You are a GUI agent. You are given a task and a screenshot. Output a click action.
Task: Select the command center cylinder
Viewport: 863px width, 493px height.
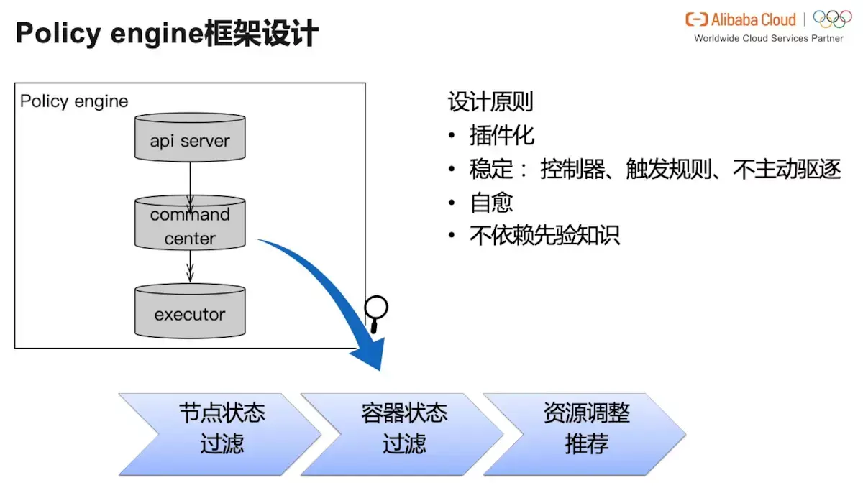190,226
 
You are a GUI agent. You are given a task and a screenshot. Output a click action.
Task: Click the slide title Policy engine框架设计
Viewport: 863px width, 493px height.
167,34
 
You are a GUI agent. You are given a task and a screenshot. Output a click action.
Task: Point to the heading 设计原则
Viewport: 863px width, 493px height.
490,102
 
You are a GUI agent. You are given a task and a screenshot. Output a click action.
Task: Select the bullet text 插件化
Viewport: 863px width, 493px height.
502,136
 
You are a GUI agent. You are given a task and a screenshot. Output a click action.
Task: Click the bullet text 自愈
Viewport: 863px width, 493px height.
491,203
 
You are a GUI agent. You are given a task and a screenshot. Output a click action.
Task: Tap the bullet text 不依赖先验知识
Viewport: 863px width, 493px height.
544,236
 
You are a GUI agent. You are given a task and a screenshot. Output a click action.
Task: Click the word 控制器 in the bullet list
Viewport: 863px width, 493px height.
571,170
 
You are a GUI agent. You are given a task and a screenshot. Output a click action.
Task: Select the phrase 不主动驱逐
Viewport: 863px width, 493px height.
786,170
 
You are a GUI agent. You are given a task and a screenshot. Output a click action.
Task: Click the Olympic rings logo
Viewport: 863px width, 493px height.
832,19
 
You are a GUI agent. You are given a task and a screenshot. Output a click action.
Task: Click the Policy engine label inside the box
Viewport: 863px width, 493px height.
74,101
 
